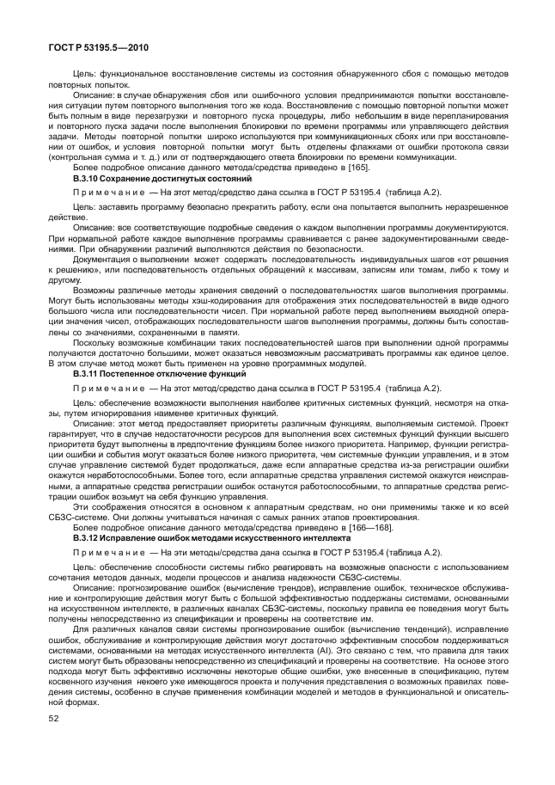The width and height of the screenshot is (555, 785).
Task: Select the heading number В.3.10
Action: pyautogui.click(x=88, y=177)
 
